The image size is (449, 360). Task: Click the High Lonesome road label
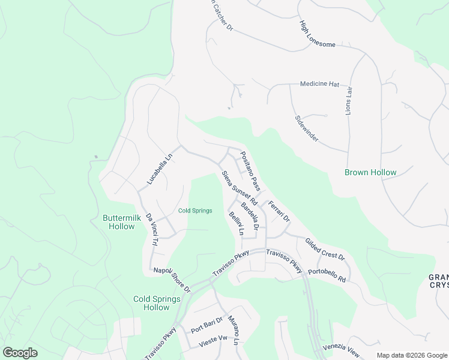pos(318,38)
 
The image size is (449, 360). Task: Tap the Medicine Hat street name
pos(320,84)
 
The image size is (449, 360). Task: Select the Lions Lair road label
pos(349,100)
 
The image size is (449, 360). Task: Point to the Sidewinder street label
pos(306,129)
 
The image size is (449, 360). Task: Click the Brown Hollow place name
pos(370,173)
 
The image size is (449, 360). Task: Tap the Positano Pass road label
pos(250,171)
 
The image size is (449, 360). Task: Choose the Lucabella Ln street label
pos(159,169)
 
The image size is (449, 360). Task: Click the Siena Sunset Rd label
pos(239,187)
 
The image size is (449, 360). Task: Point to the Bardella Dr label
pos(250,217)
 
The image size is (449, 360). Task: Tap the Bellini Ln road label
pos(237,223)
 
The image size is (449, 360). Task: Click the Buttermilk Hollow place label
pos(122,223)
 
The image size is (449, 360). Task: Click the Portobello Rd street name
pos(327,275)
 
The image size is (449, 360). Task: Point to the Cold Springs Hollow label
pos(157,303)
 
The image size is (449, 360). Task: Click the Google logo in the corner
pos(20,353)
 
